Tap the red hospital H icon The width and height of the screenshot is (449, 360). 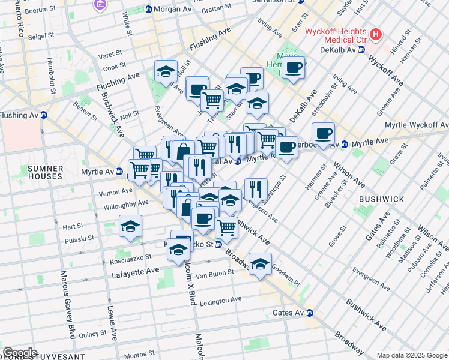coord(376,34)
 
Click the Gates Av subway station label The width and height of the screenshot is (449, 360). coord(291,313)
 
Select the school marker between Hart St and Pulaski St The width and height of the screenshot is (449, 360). coord(130,227)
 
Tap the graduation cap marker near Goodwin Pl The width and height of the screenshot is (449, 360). coord(260,264)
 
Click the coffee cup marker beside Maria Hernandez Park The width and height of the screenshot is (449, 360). coord(293,68)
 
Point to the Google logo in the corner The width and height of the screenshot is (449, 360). coord(20,353)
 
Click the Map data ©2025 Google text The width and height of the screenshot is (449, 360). coord(411,355)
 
